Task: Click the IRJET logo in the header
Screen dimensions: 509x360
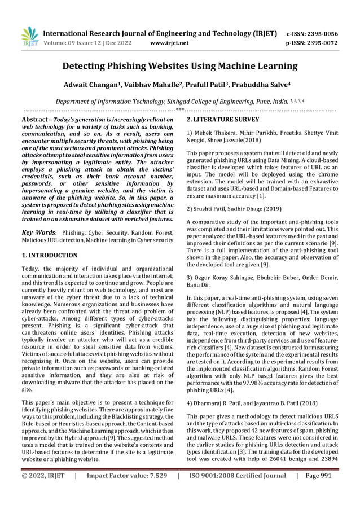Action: pos(28,36)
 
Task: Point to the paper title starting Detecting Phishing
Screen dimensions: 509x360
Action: pos(180,66)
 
